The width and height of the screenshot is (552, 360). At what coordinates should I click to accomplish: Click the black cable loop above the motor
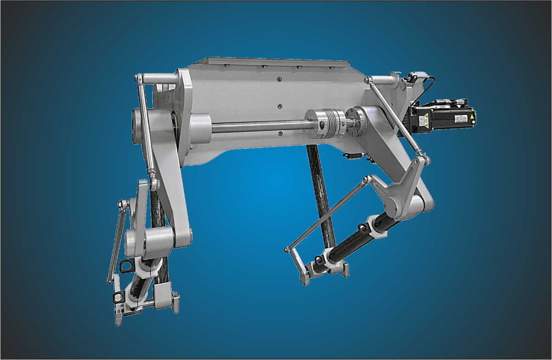(430, 85)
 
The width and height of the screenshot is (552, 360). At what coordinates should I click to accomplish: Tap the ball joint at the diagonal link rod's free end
(287, 249)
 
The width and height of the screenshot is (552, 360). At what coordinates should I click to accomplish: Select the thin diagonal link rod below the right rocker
(326, 214)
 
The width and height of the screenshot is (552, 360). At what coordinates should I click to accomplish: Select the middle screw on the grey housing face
(279, 107)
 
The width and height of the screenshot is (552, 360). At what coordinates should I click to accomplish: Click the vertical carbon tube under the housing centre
(322, 193)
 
